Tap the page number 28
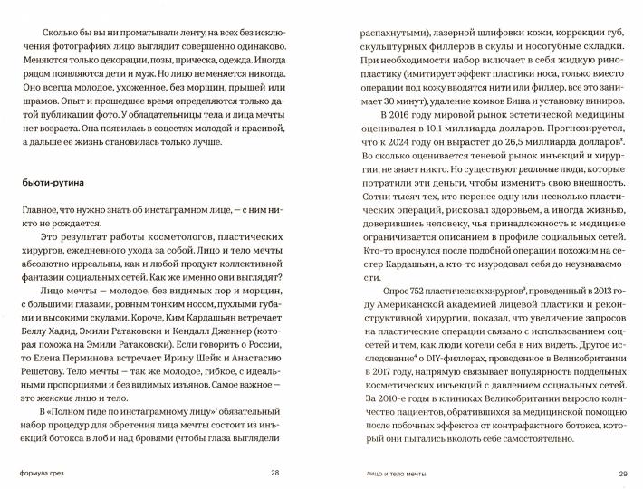point(274,473)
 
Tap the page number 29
point(623,473)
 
